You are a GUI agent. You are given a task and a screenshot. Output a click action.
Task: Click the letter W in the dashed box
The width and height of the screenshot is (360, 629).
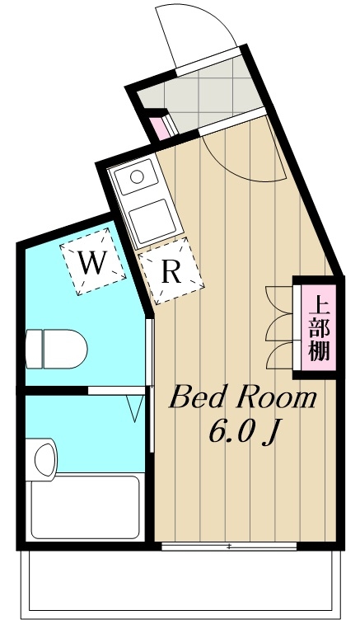click(x=91, y=264)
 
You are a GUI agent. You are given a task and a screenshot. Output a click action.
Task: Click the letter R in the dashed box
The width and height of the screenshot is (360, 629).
click(x=171, y=273)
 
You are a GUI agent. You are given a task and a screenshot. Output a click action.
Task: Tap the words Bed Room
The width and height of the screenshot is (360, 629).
click(x=241, y=399)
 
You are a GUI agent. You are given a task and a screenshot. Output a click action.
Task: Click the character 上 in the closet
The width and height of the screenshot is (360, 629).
click(x=319, y=304)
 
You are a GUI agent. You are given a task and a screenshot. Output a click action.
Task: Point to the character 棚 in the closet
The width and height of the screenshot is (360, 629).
click(x=319, y=352)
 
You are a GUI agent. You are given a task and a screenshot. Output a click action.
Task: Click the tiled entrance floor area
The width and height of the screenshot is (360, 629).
click(x=202, y=90)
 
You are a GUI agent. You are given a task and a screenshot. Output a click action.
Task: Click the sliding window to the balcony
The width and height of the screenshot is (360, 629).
click(x=228, y=546)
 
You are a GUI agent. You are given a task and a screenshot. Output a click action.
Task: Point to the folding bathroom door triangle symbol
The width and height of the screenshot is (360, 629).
click(x=135, y=409)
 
